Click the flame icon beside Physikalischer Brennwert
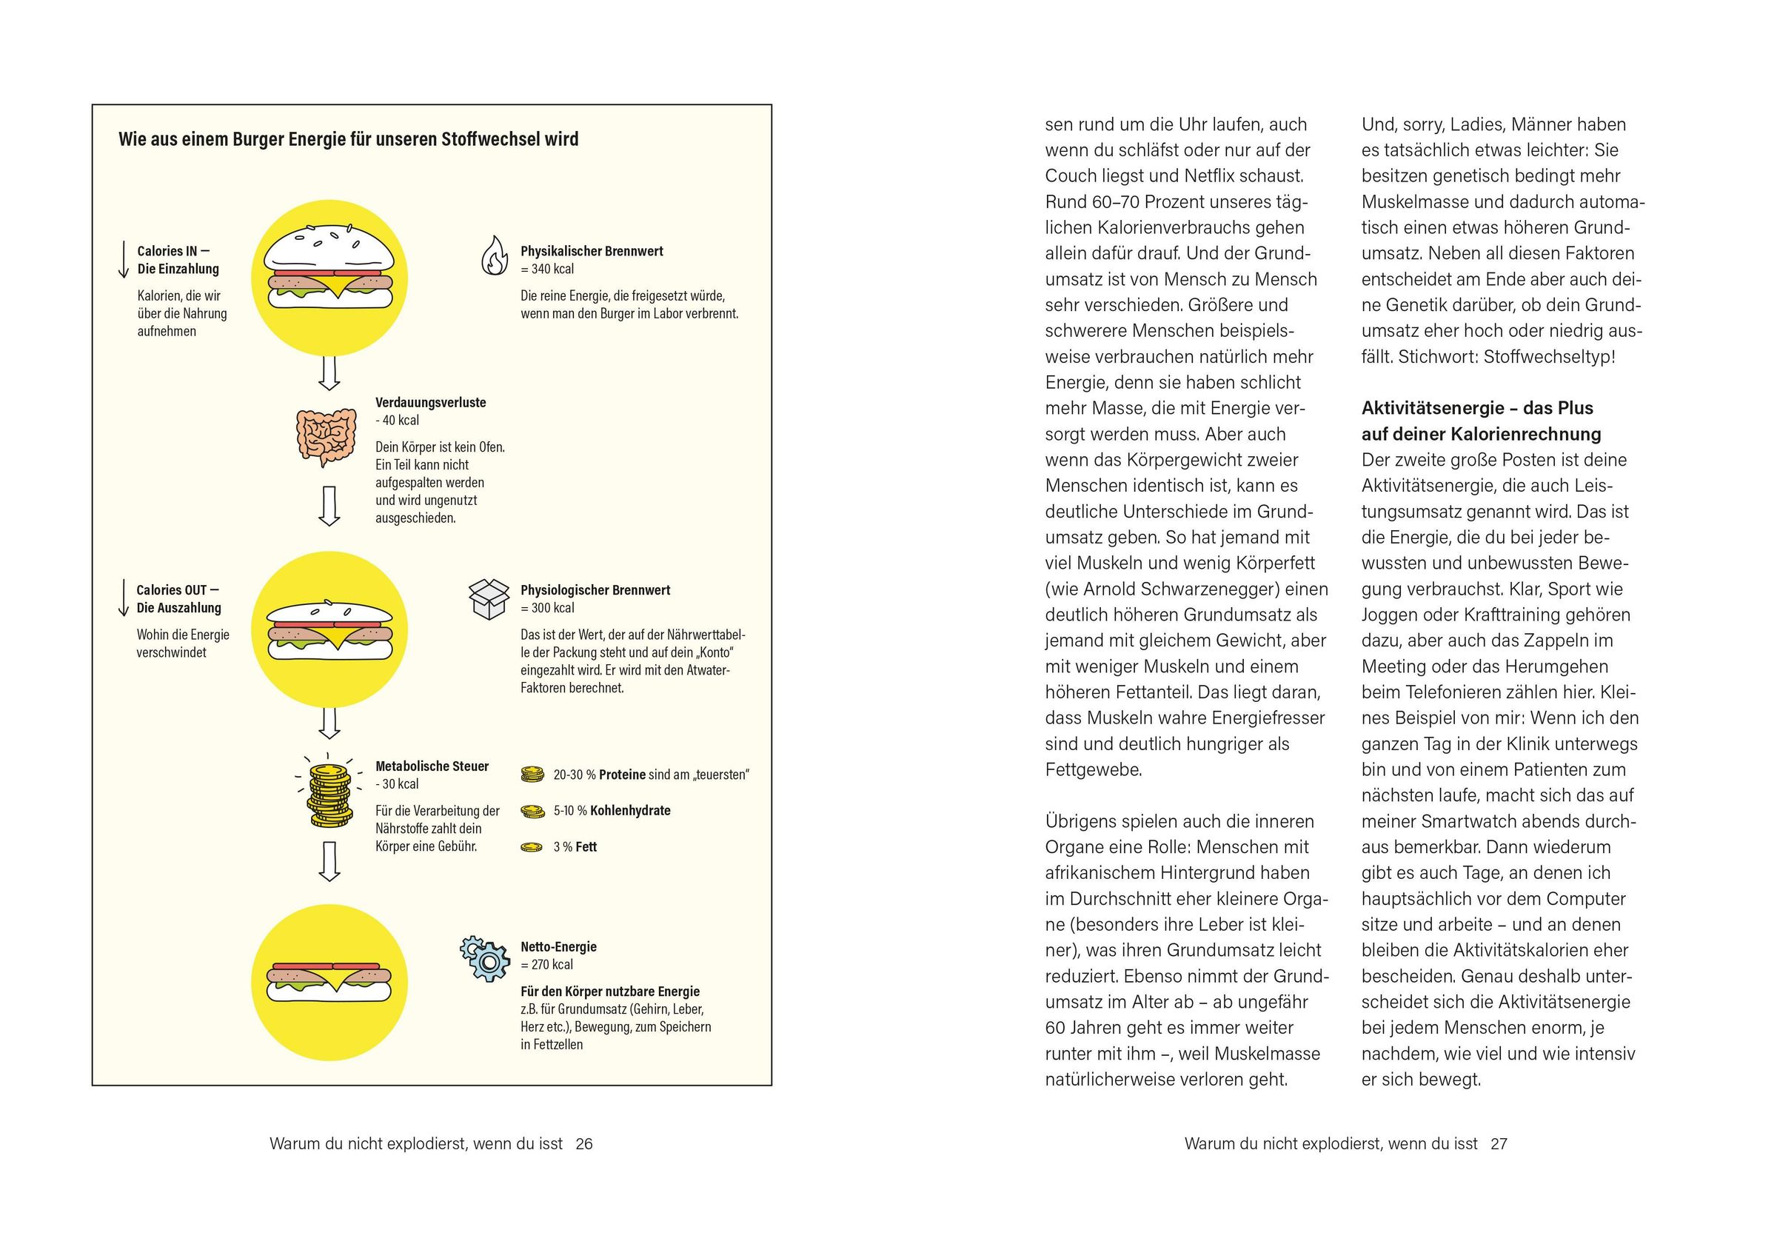pos(494,255)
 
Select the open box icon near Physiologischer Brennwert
pos(489,599)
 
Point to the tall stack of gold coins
pos(329,795)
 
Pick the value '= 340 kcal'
pos(547,270)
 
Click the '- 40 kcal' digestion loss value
pos(397,421)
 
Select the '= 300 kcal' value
pos(547,609)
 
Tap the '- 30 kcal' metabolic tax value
pos(397,784)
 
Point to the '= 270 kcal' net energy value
pos(547,965)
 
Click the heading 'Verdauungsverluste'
pos(430,403)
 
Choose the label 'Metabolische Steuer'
pos(432,766)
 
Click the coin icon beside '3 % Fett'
pos(532,848)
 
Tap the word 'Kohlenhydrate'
pos(630,811)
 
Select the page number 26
pos(584,1144)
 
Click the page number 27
pos(1499,1144)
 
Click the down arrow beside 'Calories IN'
pos(123,259)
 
